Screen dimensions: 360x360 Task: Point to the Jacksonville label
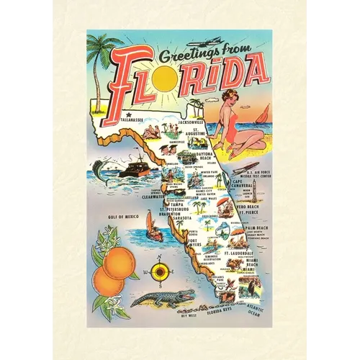(x=191, y=123)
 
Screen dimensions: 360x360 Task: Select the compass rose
(x=161, y=272)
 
